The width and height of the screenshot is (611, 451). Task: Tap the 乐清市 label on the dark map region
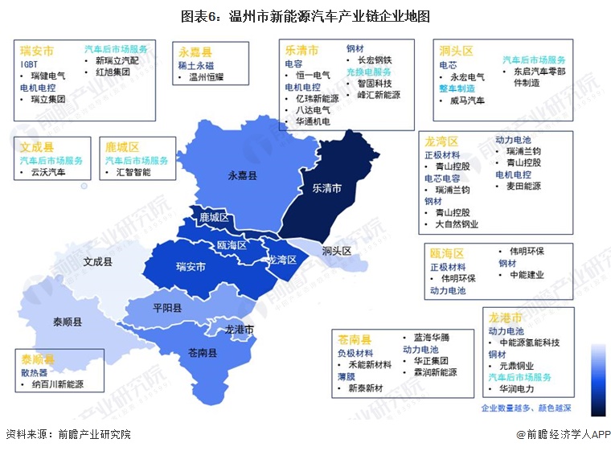(x=326, y=188)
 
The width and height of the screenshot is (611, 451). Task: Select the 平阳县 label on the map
(x=167, y=308)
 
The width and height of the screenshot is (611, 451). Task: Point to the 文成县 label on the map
(x=98, y=262)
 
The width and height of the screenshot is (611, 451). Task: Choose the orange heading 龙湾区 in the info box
(x=441, y=141)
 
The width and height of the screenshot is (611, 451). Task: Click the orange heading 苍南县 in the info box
(x=354, y=339)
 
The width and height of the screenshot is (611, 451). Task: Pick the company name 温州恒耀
(x=207, y=77)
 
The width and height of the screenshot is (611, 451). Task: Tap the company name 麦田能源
(x=523, y=186)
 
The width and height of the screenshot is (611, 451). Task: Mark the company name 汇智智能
(x=133, y=172)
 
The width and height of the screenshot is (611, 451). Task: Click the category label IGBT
(x=30, y=64)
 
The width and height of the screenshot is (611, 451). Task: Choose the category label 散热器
(x=35, y=372)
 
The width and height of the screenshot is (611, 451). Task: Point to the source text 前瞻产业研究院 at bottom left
(x=94, y=434)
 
